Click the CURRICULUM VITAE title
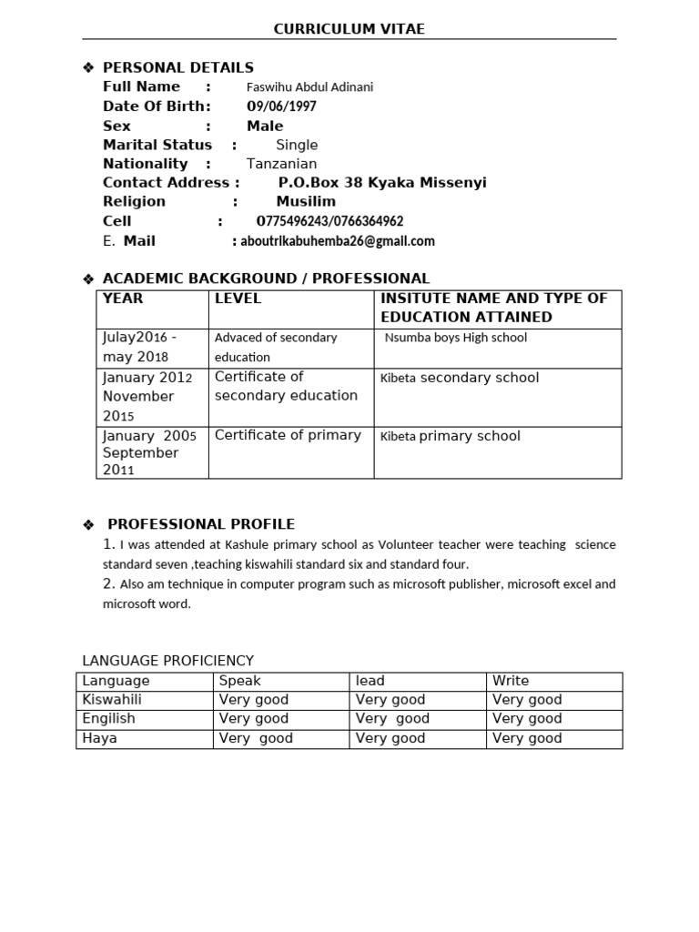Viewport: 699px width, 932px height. pos(349,29)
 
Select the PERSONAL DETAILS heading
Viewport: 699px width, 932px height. pos(178,67)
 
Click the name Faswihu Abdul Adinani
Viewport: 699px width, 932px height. pos(310,87)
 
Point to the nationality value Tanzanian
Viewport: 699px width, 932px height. pos(282,164)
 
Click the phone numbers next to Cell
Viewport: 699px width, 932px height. pos(330,221)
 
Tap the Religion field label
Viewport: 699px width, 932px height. pos(135,201)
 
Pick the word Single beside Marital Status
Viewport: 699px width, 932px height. pos(297,145)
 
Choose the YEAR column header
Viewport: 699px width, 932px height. pos(123,299)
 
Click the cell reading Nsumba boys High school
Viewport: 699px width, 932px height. pos(456,338)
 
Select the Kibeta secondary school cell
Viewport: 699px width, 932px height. pos(460,378)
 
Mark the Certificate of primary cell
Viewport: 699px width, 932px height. pos(288,435)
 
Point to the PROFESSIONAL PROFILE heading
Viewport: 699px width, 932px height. pos(201,524)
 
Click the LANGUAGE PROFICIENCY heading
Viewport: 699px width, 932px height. pos(168,661)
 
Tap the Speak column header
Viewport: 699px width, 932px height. pos(240,681)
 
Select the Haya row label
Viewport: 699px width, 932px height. pos(100,738)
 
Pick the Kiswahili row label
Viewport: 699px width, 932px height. pos(112,700)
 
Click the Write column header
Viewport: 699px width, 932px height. pos(511,681)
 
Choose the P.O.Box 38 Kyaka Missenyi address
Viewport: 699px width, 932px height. pos(382,183)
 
